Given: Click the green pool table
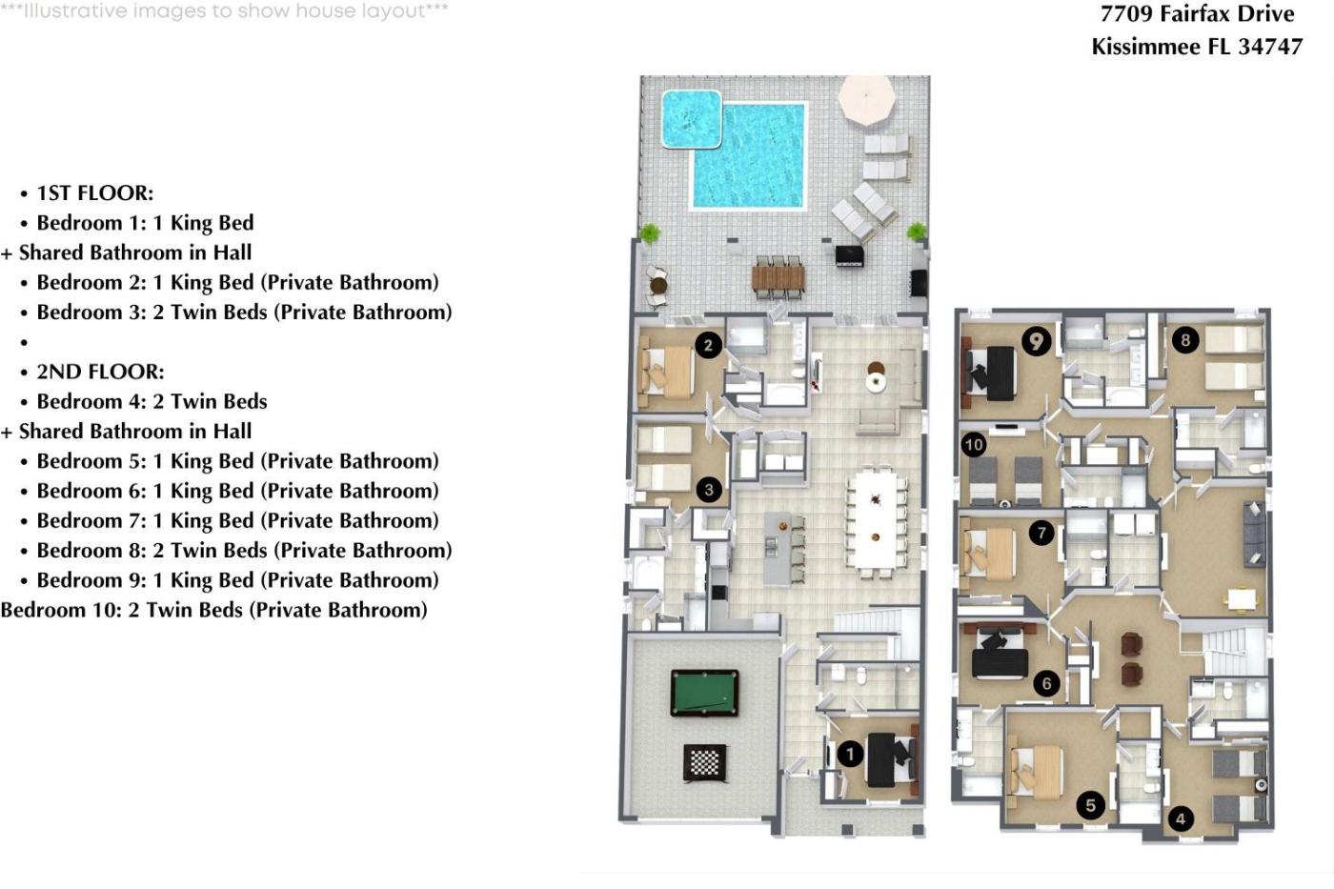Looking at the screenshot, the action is coord(704,693).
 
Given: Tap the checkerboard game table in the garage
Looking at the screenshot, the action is coord(705,762).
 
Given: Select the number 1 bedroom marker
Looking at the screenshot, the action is coord(850,755).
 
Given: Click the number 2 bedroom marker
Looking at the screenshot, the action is coord(708,345).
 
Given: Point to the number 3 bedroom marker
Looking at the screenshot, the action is coord(709,490).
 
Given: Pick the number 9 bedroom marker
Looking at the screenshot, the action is coord(1037,341).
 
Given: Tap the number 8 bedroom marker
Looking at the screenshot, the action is coord(1185,340).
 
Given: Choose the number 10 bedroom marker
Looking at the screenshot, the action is coord(974,445).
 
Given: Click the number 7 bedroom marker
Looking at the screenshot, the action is coord(1041,533).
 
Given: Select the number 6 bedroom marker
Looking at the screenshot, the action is coord(1046,683).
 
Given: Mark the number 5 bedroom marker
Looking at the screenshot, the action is coord(1090,806).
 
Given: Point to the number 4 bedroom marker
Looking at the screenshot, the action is coord(1181,819).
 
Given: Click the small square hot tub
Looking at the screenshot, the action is coord(692,118).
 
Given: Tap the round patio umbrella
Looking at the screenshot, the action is coord(866,99).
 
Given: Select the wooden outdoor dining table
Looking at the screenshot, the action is coord(778,277).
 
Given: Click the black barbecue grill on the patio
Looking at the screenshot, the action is coord(849,255).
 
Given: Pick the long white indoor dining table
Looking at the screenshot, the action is coord(875,519).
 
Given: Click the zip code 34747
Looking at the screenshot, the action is coord(1270,47).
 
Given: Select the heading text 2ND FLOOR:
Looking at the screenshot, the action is coord(101,372).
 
